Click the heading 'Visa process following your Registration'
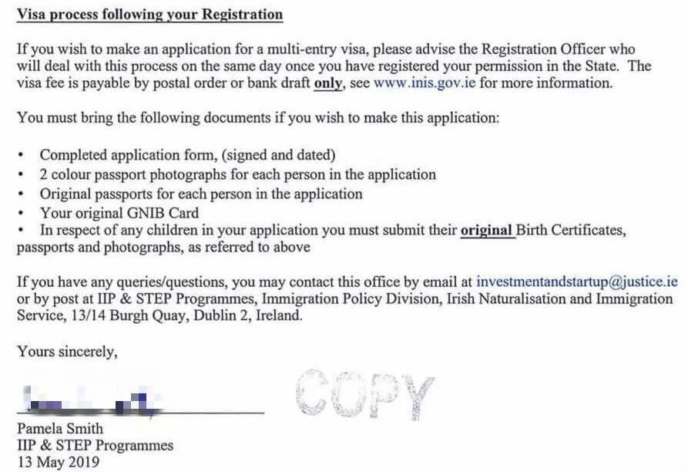coord(149,14)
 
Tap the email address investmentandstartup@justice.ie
coord(577,282)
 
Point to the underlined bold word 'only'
coord(328,83)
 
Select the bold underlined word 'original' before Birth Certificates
coord(487,230)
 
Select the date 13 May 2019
coord(58,464)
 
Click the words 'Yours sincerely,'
coord(67,352)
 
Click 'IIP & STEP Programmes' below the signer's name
coord(95,446)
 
